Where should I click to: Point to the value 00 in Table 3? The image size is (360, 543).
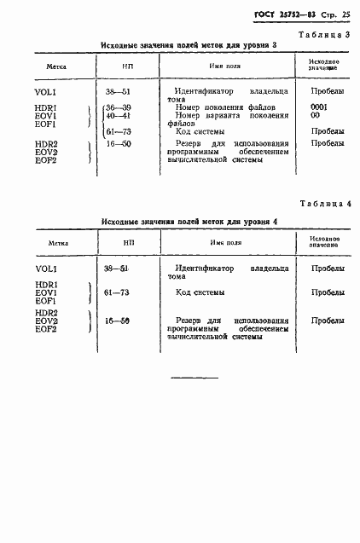click(316, 115)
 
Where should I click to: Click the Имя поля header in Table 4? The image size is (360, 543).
click(226, 242)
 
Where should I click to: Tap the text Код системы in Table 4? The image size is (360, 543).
click(200, 292)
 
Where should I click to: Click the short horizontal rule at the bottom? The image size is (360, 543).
click(195, 377)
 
